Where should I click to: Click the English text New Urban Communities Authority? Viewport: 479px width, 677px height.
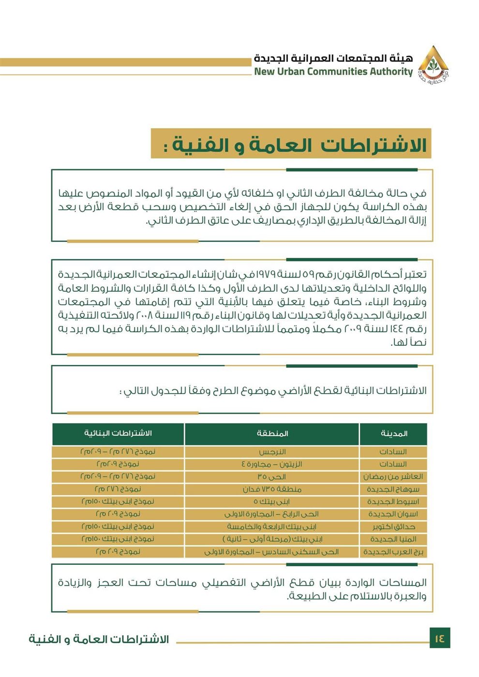pyautogui.click(x=333, y=72)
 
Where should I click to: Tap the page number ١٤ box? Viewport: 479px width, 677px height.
pyautogui.click(x=439, y=638)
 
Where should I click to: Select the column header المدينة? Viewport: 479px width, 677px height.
pyautogui.click(x=394, y=434)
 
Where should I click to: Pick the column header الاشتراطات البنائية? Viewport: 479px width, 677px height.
pyautogui.click(x=118, y=433)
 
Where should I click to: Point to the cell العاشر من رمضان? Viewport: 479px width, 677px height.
pyautogui.click(x=393, y=477)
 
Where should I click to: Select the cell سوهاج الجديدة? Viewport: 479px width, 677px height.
pyautogui.click(x=393, y=489)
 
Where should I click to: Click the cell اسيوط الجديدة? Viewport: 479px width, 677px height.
pyautogui.click(x=393, y=502)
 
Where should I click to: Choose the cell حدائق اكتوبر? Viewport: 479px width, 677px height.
pyautogui.click(x=393, y=527)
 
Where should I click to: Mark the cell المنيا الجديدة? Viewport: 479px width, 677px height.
pyautogui.click(x=393, y=539)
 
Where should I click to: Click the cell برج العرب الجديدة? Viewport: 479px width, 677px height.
pyautogui.click(x=393, y=552)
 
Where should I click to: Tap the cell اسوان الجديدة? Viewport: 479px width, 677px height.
pyautogui.click(x=393, y=514)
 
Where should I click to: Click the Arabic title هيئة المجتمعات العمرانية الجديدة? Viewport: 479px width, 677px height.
pyautogui.click(x=333, y=59)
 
